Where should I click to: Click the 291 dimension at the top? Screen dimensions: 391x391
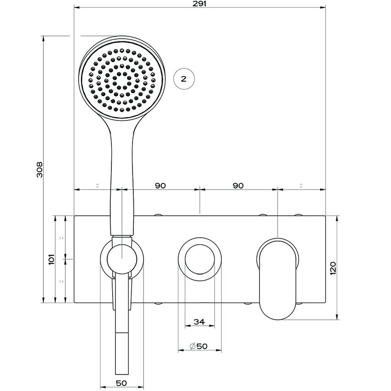click(200, 4)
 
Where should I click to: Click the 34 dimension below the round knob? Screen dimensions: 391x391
click(199, 322)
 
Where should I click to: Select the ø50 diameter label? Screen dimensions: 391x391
click(199, 346)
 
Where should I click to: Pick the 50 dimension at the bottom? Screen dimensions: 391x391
click(121, 383)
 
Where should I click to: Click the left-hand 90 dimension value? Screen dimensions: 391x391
click(160, 185)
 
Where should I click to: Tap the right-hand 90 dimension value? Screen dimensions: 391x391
click(238, 185)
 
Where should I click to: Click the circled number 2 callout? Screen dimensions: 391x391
click(184, 79)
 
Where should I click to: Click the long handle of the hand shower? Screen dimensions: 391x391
click(122, 179)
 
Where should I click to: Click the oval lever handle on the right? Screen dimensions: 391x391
click(278, 276)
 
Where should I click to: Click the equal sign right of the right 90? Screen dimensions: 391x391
click(301, 185)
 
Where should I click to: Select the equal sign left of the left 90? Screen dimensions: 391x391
click(98, 185)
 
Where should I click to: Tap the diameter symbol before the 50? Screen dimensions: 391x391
click(192, 346)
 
